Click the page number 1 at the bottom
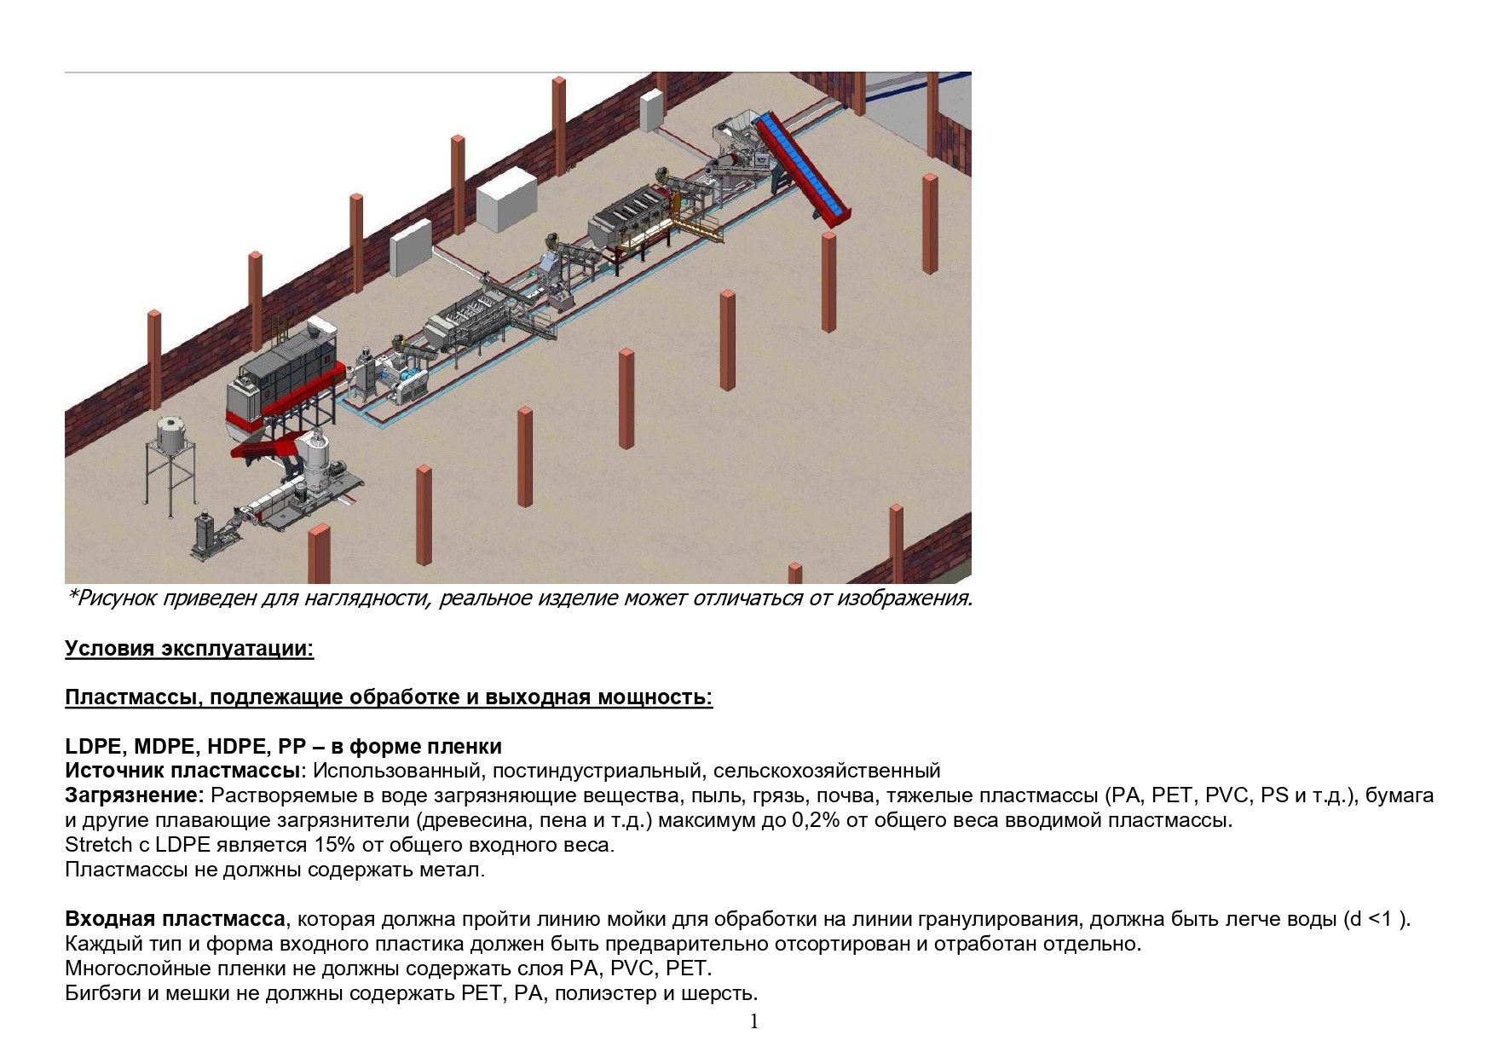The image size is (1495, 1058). [x=754, y=1021]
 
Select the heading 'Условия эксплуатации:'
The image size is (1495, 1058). [x=189, y=649]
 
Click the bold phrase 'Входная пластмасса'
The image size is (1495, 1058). [x=175, y=919]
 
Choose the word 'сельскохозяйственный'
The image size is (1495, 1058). [x=827, y=772]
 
